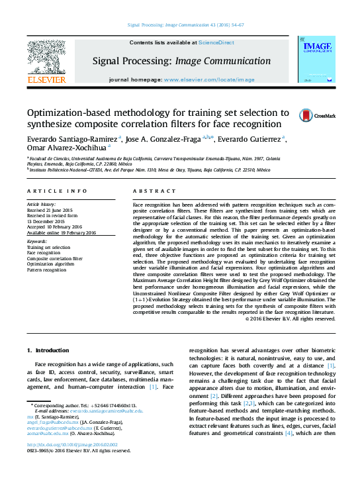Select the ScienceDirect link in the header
tap(216, 42)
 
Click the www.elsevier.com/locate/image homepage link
tap(209, 79)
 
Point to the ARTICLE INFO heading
tap(58, 191)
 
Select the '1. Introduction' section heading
tap(47, 350)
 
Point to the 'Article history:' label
tap(42, 205)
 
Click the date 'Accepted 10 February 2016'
tap(58, 227)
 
